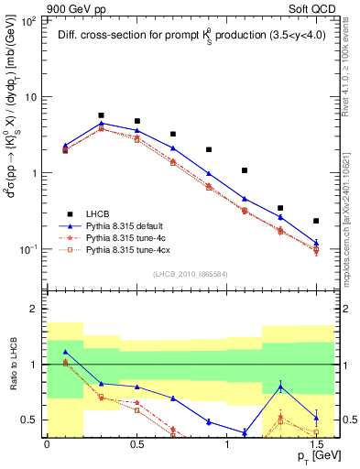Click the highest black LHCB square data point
(101, 115)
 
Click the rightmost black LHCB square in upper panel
(316, 221)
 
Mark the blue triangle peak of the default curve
(101, 123)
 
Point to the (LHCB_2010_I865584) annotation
(191, 274)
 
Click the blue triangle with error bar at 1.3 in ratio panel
(280, 387)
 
